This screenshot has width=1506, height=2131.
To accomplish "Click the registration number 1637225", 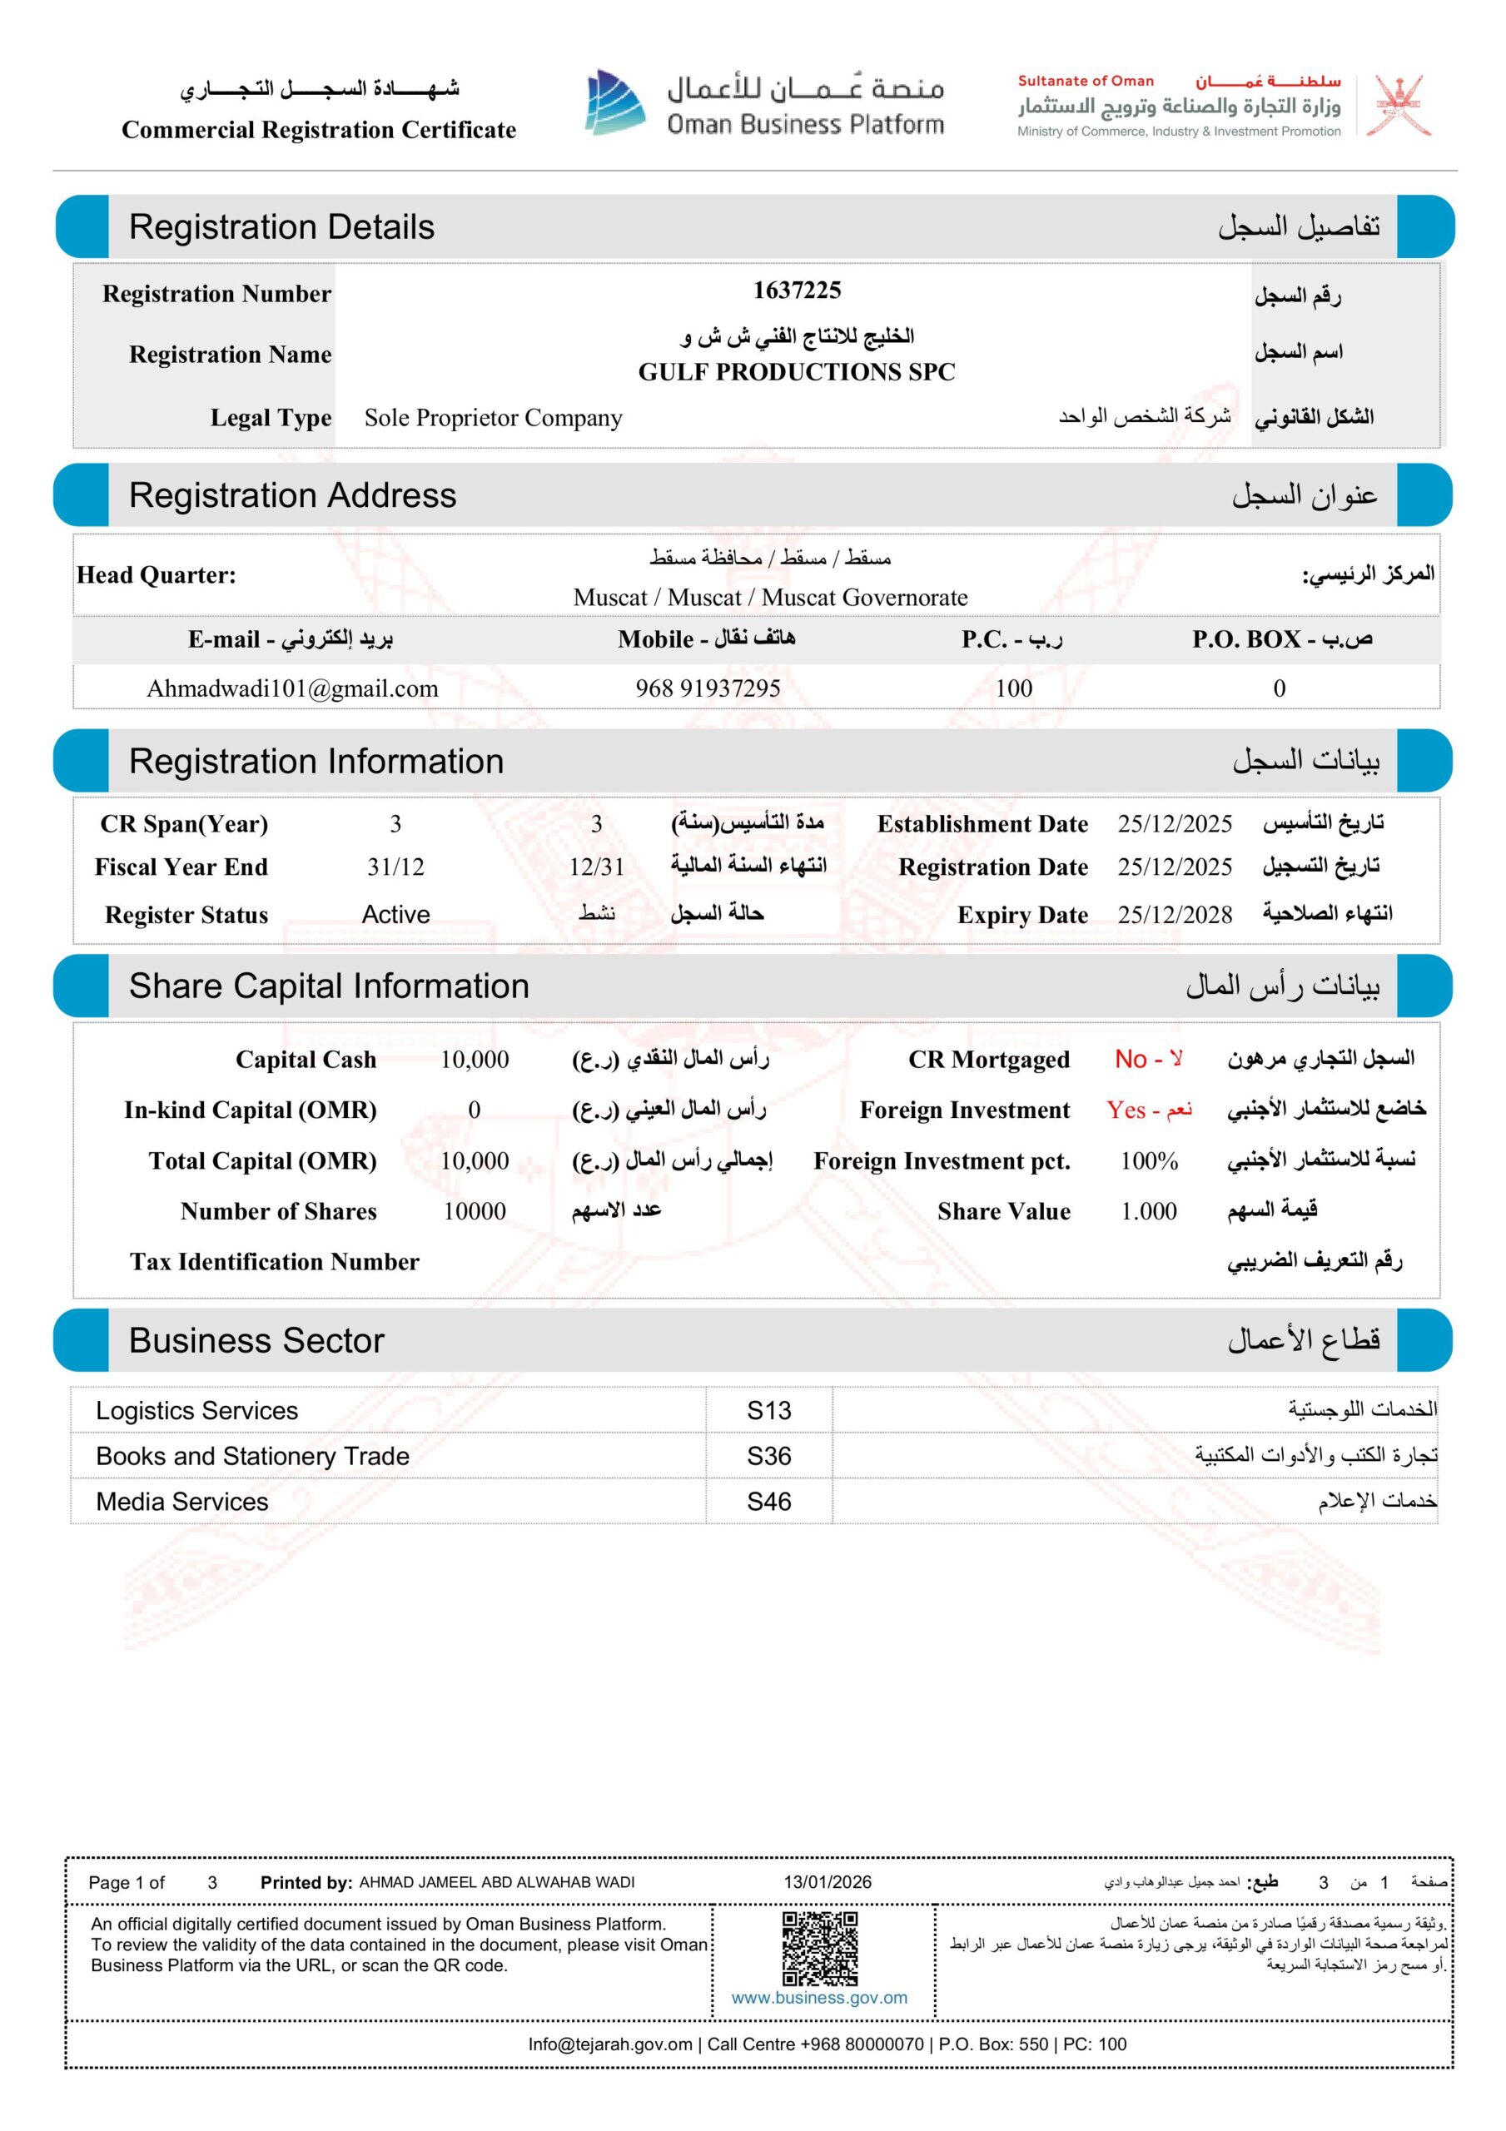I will [796, 291].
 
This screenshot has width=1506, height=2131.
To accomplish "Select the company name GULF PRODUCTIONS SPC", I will [796, 372].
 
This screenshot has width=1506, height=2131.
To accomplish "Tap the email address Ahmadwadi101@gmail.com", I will [291, 688].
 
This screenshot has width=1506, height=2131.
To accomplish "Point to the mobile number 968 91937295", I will [708, 688].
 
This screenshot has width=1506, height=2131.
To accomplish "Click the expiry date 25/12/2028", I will [1175, 914].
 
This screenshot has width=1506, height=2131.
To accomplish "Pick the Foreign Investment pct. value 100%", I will [1149, 1160].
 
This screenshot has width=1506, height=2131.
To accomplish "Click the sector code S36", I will [768, 1455].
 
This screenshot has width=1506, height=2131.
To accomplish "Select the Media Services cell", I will [182, 1501].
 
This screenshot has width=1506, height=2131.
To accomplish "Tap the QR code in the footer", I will [819, 1947].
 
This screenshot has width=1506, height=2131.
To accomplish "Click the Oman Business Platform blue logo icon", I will [614, 102].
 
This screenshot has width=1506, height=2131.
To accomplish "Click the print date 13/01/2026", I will [828, 1881].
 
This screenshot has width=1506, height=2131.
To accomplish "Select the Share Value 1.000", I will [1149, 1210].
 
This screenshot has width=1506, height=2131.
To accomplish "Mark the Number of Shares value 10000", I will [475, 1210].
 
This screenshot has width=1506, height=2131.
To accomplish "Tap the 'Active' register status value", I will [395, 914].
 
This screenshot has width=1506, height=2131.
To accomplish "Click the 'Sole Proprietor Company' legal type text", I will [493, 418].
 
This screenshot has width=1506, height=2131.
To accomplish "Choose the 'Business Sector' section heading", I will [256, 1340].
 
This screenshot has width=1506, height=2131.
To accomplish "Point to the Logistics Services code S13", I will [768, 1410].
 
